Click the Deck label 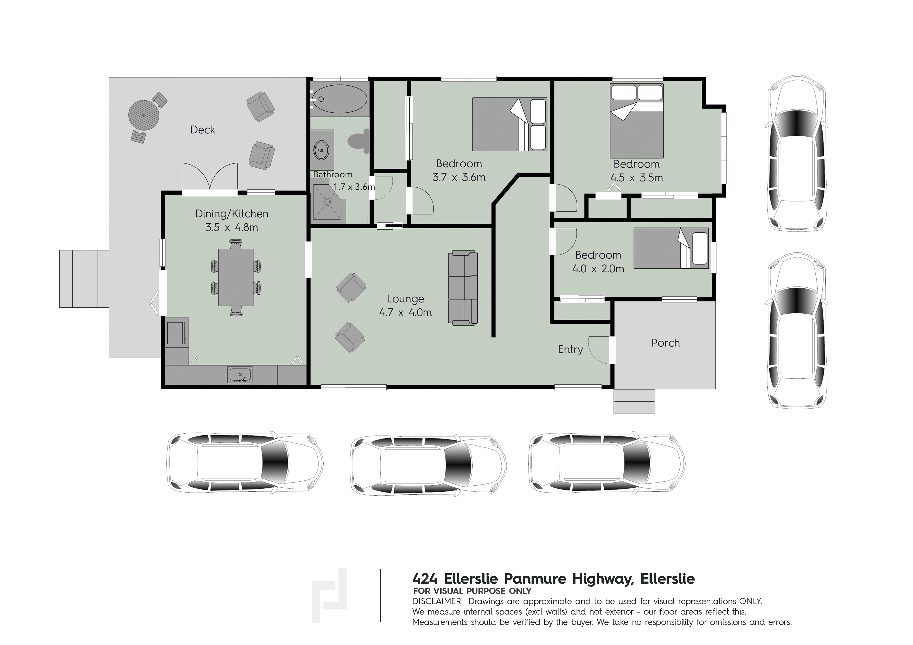202,130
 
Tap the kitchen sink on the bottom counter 240,375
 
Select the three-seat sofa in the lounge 463,288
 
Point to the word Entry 570,350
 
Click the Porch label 666,343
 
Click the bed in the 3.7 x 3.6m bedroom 509,124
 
